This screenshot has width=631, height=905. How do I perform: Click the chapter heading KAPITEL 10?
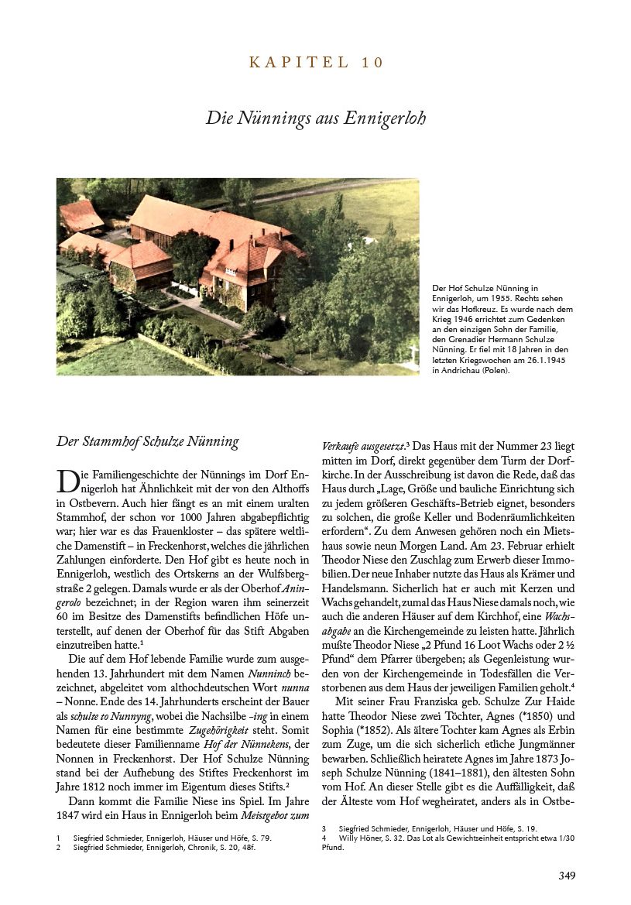[316, 63]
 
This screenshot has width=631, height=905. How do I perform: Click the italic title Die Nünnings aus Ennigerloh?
[316, 118]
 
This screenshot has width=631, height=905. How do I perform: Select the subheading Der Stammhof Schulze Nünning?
[148, 442]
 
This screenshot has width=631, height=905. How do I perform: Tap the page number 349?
[566, 876]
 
